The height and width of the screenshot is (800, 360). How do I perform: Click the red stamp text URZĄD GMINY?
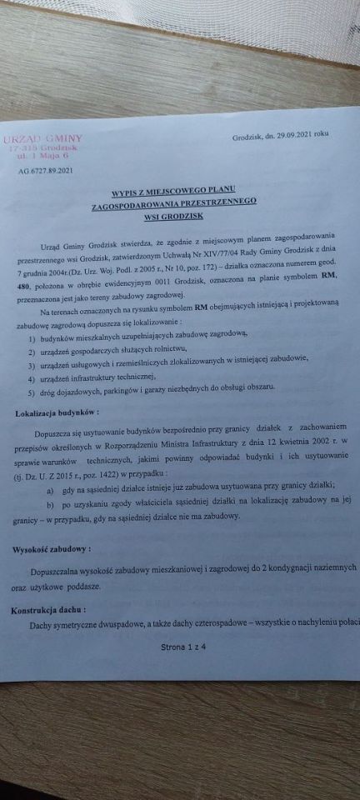(47, 137)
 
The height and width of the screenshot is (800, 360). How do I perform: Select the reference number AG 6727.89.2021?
(45, 171)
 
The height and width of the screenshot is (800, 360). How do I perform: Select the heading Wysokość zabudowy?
(52, 549)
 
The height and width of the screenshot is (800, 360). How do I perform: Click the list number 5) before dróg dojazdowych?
(32, 391)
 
